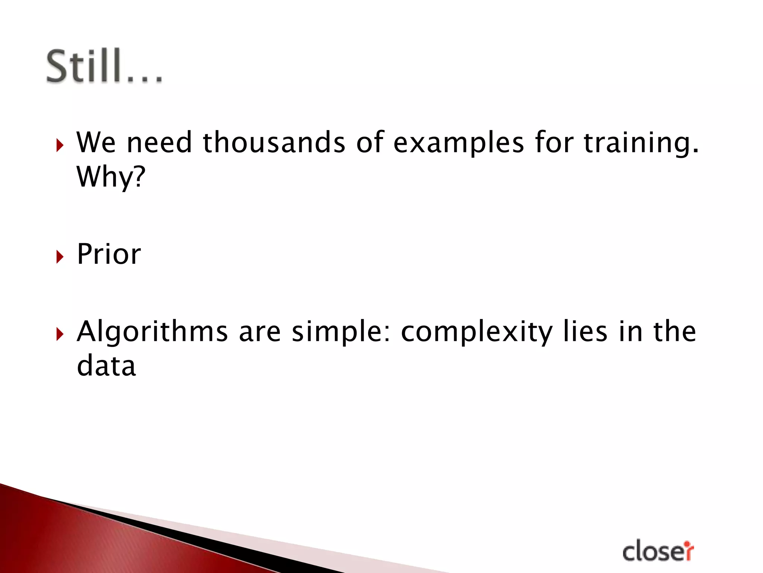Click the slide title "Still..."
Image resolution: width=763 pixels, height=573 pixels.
(104, 66)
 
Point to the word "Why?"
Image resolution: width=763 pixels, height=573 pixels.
(111, 177)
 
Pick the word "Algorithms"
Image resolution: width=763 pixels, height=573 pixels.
(152, 332)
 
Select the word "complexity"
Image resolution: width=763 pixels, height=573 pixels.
(477, 332)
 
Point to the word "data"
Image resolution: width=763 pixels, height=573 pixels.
(106, 366)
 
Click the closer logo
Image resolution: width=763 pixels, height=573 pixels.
(658, 551)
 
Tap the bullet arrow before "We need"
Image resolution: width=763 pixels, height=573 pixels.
(60, 145)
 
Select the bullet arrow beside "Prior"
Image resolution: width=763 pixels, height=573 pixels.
(60, 257)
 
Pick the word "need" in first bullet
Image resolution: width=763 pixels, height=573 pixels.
(159, 143)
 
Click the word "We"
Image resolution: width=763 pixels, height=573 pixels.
(96, 143)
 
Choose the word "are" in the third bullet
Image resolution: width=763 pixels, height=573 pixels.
(260, 332)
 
